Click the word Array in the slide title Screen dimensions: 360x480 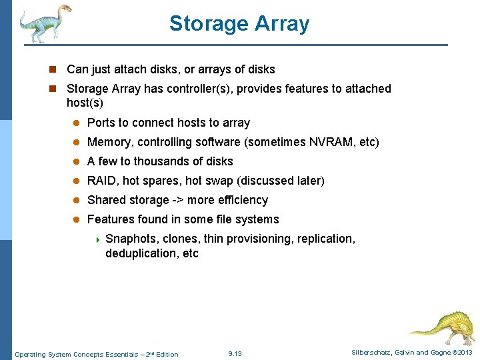(282, 23)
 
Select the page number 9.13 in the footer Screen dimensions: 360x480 (235, 353)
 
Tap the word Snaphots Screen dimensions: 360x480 (131, 239)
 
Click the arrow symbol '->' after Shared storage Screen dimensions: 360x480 (178, 200)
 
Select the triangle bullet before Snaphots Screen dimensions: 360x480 (97, 239)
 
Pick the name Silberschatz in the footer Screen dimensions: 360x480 (372, 353)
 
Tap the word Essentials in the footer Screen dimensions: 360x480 (94, 354)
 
